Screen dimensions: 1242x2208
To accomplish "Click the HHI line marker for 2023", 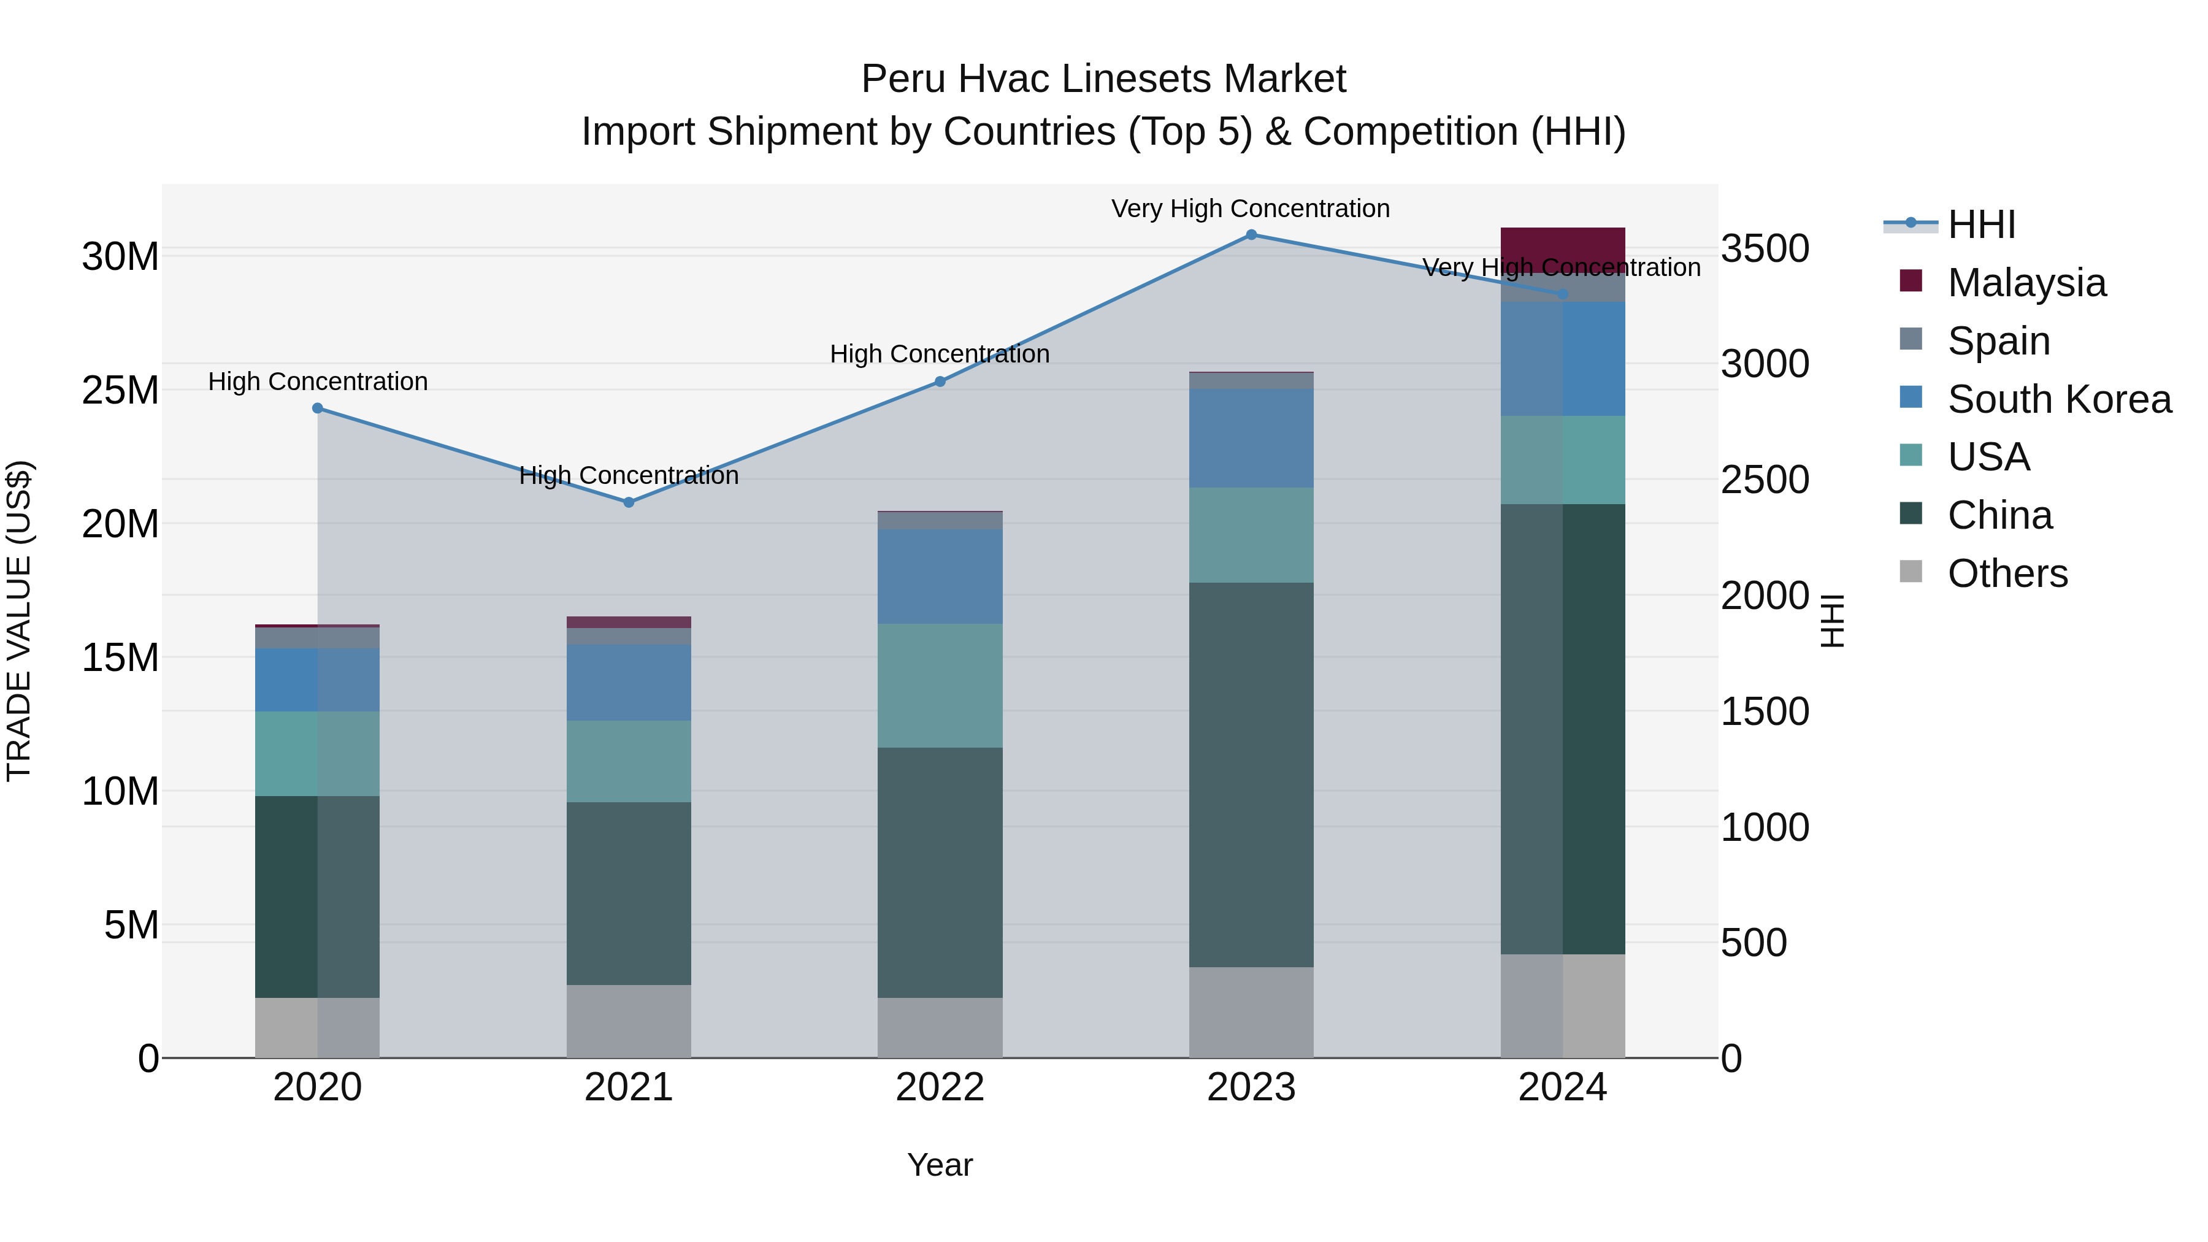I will [1251, 235].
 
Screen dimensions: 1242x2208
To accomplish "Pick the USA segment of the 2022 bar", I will [940, 685].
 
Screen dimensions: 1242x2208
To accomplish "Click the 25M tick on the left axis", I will [120, 390].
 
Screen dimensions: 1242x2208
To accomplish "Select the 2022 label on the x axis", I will [940, 1087].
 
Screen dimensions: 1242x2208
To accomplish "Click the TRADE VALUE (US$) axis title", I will [19, 621].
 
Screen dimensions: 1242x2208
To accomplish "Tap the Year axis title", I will [940, 1165].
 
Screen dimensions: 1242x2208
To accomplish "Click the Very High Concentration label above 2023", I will [1251, 209].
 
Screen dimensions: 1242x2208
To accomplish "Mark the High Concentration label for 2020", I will [317, 381].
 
